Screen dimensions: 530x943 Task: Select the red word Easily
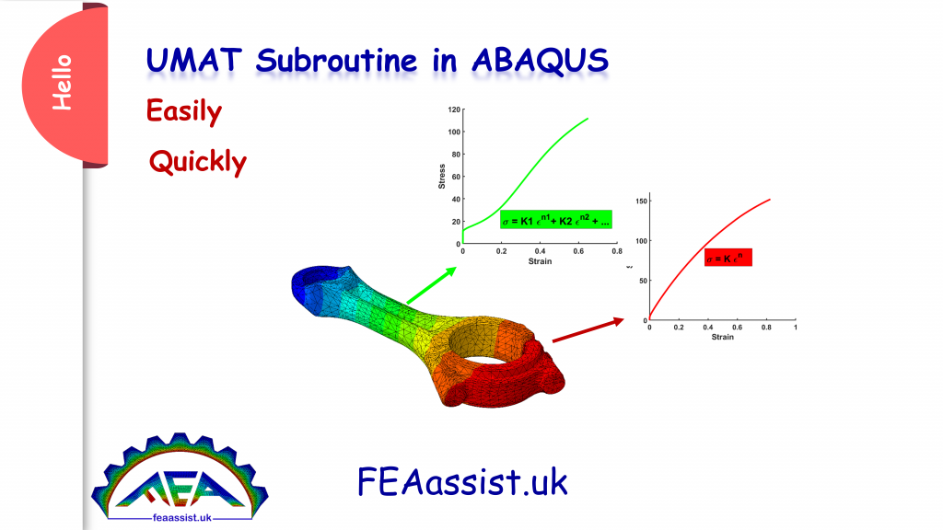[x=184, y=112]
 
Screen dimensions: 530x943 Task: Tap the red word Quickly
[x=198, y=163]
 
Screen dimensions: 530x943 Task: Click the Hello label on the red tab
[x=62, y=84]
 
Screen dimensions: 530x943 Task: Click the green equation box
[x=555, y=221]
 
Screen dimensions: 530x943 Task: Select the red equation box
[x=728, y=259]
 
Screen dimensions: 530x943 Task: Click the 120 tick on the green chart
[x=454, y=109]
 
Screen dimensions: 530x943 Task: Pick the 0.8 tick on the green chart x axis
[x=616, y=251]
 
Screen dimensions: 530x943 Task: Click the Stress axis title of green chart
[x=442, y=177]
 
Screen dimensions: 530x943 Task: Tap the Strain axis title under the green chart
[x=540, y=262]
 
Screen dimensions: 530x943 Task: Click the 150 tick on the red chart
[x=640, y=200]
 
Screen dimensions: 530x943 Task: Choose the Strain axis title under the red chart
[x=722, y=337]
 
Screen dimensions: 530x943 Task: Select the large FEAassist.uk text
[x=462, y=480]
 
